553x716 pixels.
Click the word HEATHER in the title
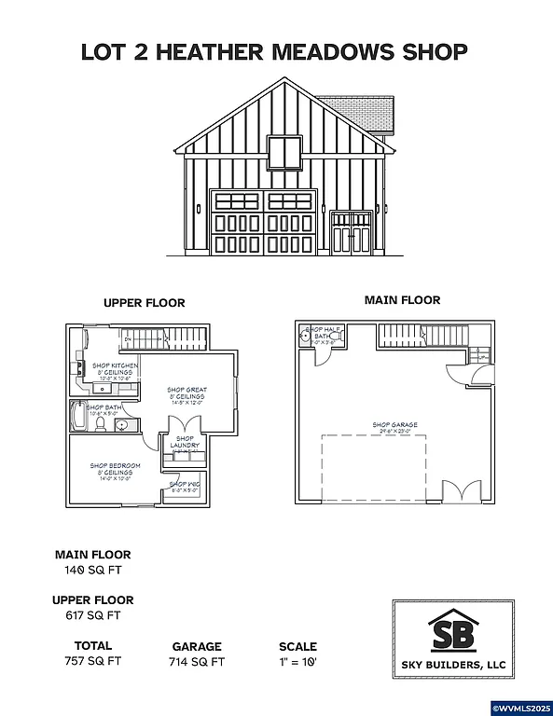pyautogui.click(x=209, y=52)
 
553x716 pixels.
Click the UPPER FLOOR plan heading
pyautogui.click(x=144, y=303)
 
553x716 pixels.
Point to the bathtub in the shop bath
pyautogui.click(x=77, y=420)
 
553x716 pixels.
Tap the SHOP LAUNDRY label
pyautogui.click(x=185, y=442)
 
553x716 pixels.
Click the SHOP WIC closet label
pyautogui.click(x=185, y=484)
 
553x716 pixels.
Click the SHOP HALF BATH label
pyautogui.click(x=325, y=334)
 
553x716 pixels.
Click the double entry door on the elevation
pyautogui.click(x=353, y=232)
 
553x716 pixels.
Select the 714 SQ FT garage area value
pyautogui.click(x=197, y=662)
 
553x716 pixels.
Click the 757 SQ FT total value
pyautogui.click(x=92, y=661)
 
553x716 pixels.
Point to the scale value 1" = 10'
pyautogui.click(x=297, y=662)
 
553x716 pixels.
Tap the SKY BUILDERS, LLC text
pyautogui.click(x=453, y=665)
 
